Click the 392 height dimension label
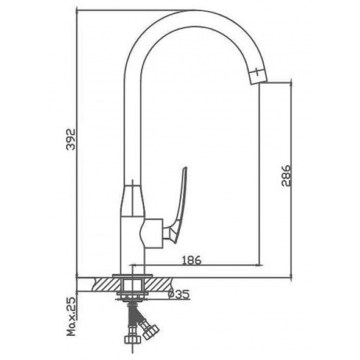[x=70, y=139]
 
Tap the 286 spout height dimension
[x=286, y=175]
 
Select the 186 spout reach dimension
[x=192, y=261]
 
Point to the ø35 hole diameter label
[x=178, y=294]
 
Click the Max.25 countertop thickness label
[x=70, y=316]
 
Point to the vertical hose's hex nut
[x=132, y=339]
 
